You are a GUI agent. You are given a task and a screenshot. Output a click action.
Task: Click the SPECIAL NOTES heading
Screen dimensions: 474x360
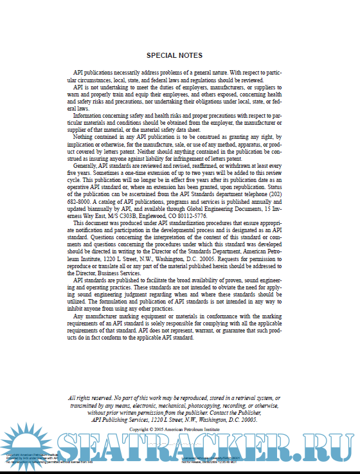(x=174, y=55)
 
